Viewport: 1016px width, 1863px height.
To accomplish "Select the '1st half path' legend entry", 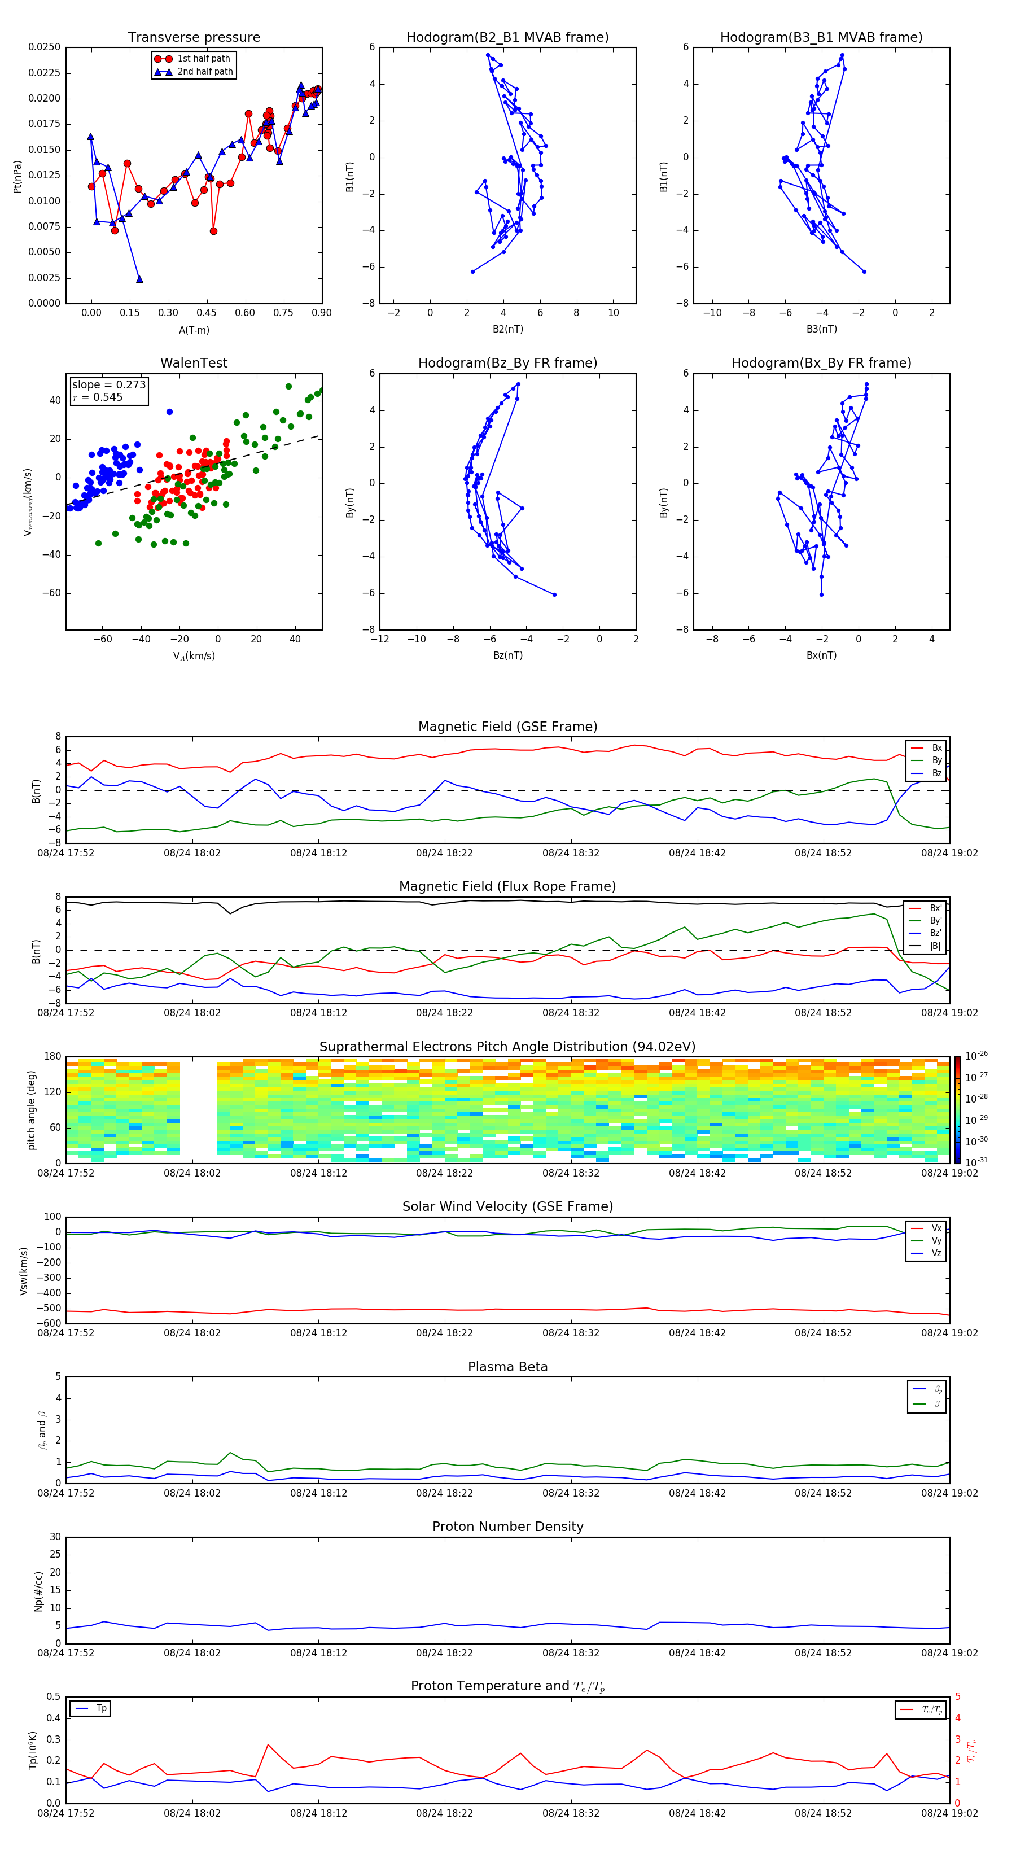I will tap(203, 59).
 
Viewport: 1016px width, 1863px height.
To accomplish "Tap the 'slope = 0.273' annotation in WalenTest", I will tap(108, 385).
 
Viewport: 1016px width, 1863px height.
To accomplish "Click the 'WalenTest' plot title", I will tap(194, 363).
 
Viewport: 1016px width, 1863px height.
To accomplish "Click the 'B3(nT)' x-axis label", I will tap(821, 329).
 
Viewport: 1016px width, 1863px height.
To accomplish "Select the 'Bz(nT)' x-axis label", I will tap(507, 655).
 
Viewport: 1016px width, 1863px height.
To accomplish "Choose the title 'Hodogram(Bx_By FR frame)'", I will tap(821, 363).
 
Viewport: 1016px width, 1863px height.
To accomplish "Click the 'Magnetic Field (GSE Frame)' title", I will tap(507, 727).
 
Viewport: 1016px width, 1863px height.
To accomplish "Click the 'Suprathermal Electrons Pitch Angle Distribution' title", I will tap(507, 1047).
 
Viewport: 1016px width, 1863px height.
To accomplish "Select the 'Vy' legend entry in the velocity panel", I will tap(936, 1240).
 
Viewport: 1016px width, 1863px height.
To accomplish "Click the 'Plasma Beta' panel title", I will tap(507, 1367).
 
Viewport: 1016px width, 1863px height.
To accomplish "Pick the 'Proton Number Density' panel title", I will tap(507, 1526).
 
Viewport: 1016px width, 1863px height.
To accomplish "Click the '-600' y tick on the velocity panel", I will tap(49, 1323).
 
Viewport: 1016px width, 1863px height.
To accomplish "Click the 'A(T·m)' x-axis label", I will tap(194, 330).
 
